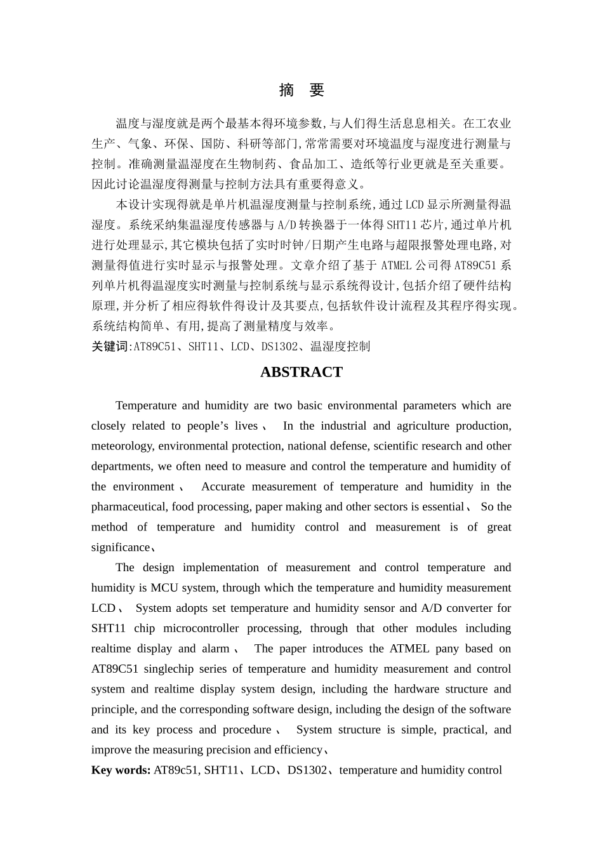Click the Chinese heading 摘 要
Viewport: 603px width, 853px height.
point(301,91)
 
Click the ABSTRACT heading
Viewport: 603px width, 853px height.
point(301,373)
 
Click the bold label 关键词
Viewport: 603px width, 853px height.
point(109,347)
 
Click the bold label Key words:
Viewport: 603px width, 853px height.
point(121,770)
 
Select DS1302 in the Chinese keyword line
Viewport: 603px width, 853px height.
point(279,347)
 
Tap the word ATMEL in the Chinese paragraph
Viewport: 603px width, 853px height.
point(396,265)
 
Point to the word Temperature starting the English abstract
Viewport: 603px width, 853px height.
point(146,406)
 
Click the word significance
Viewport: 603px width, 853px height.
point(121,548)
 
